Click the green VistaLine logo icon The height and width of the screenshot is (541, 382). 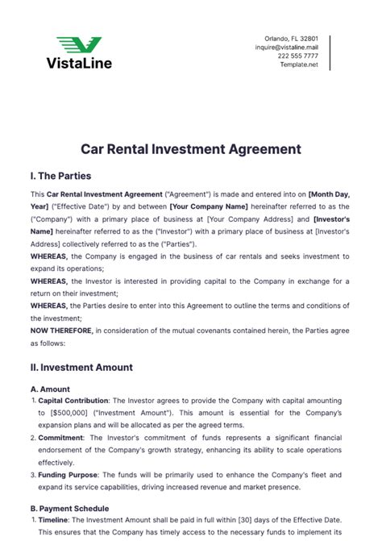[79, 44]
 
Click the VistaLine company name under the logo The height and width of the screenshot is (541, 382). [79, 62]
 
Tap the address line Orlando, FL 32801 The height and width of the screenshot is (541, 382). [292, 38]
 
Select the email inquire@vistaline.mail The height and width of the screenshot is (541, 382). [286, 47]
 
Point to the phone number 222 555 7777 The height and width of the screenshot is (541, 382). [298, 56]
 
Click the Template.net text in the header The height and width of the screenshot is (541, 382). [299, 65]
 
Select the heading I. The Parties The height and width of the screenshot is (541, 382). [60, 176]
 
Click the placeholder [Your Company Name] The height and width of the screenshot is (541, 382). [207, 206]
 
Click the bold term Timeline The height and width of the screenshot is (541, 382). [55, 520]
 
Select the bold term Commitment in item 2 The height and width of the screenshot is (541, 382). [61, 438]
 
